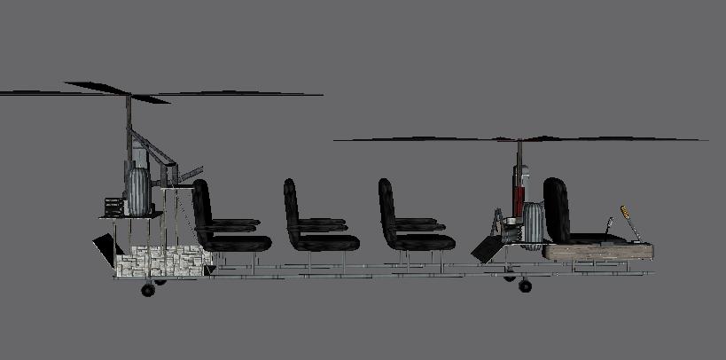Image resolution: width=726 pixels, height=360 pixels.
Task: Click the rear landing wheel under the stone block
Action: [x=148, y=289]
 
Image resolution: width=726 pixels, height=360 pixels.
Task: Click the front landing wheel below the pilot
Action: [x=525, y=286]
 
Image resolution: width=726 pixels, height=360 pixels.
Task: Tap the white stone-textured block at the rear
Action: [x=160, y=261]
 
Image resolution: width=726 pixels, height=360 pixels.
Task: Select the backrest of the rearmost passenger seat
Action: [x=201, y=208]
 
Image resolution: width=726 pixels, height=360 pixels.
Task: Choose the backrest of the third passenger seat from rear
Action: [x=386, y=209]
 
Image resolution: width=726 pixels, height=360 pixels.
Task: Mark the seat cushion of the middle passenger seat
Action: [x=326, y=242]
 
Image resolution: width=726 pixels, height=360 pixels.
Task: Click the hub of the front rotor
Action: [x=519, y=140]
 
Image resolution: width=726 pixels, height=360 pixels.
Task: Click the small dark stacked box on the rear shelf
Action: [x=113, y=206]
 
